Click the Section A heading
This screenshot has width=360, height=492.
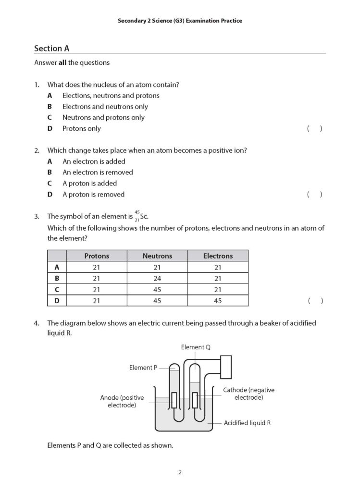pyautogui.click(x=49, y=49)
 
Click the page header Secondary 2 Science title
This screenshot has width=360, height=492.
pyautogui.click(x=180, y=21)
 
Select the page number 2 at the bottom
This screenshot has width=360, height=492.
pyautogui.click(x=180, y=472)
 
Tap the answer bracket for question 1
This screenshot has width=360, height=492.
pyautogui.click(x=314, y=129)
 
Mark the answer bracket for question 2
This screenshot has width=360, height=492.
pyautogui.click(x=314, y=195)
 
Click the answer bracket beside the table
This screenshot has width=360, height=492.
pyautogui.click(x=315, y=301)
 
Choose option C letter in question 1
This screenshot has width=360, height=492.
pyautogui.click(x=50, y=118)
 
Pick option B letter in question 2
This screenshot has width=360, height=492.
pyautogui.click(x=50, y=172)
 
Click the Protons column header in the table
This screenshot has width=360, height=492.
pyautogui.click(x=97, y=256)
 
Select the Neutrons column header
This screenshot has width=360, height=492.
pyautogui.click(x=157, y=256)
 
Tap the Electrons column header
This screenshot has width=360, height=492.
pyautogui.click(x=218, y=256)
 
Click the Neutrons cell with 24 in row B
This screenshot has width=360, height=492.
pyautogui.click(x=157, y=279)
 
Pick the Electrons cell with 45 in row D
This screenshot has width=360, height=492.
pyautogui.click(x=218, y=301)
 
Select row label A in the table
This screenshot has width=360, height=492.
pyautogui.click(x=57, y=268)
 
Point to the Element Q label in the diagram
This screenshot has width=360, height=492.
pyautogui.click(x=196, y=347)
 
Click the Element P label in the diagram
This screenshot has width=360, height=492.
pyautogui.click(x=143, y=368)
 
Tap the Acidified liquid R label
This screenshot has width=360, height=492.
pyautogui.click(x=247, y=423)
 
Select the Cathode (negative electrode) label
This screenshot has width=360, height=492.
pyautogui.click(x=248, y=394)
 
